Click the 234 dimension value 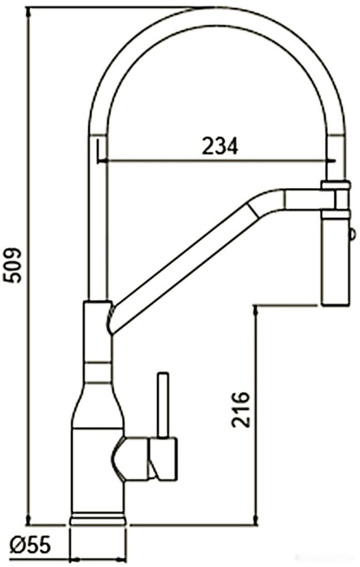tap(220, 147)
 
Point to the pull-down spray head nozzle tap(335, 263)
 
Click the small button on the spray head tap(352, 235)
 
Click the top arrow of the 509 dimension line tap(28, 11)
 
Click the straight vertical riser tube tap(97, 222)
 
